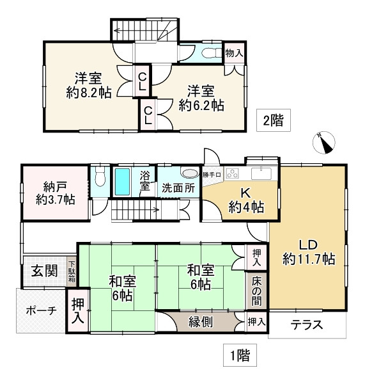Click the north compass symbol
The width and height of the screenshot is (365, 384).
[x=327, y=142]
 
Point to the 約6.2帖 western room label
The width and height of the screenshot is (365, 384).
[x=201, y=98]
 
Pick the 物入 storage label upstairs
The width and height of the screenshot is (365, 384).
[x=234, y=53]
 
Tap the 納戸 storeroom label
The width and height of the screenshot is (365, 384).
[x=55, y=192]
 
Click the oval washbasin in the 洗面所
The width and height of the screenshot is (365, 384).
[x=190, y=173]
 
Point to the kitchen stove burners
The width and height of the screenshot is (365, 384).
[x=232, y=173]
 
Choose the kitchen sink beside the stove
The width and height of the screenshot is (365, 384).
[x=262, y=173]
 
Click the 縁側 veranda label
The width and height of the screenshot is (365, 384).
[x=200, y=322]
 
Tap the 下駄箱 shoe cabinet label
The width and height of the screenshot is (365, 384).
[x=72, y=271]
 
